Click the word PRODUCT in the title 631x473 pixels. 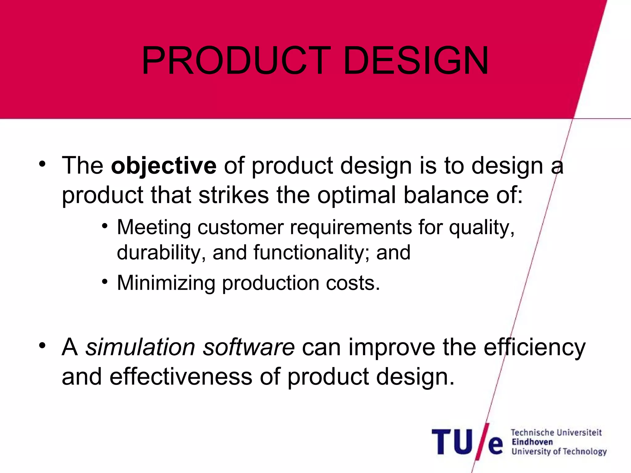pyautogui.click(x=236, y=61)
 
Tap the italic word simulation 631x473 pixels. pyautogui.click(x=140, y=347)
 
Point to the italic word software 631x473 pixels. pyautogui.click(x=249, y=347)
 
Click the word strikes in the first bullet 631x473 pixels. pyautogui.click(x=234, y=195)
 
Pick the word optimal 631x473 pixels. pyautogui.click(x=356, y=195)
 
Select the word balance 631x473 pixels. pyautogui.click(x=446, y=195)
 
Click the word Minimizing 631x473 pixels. pyautogui.click(x=166, y=283)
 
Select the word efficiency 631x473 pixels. pyautogui.click(x=534, y=347)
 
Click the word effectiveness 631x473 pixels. pyautogui.click(x=181, y=377)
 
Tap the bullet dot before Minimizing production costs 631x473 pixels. pyautogui.click(x=105, y=281)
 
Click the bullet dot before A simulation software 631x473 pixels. pyautogui.click(x=42, y=346)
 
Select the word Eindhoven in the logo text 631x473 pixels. pyautogui.click(x=532, y=442)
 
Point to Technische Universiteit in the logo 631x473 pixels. pyautogui.click(x=556, y=432)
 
